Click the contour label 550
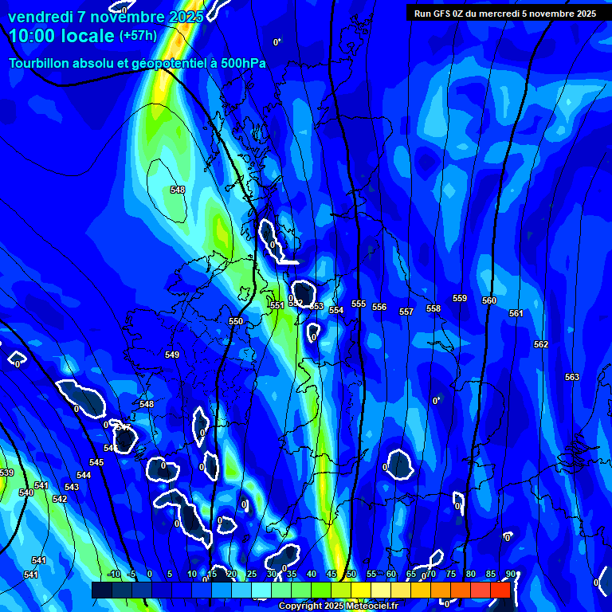(236, 321)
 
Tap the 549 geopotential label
(172, 355)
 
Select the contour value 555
(359, 304)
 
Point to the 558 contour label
(433, 308)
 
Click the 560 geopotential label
(489, 300)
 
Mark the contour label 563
(572, 377)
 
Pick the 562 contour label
(541, 344)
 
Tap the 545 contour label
(96, 462)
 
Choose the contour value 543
(72, 487)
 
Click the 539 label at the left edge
(6, 473)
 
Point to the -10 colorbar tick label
(113, 574)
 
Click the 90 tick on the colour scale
(510, 574)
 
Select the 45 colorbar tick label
(331, 574)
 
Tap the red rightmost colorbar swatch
(500, 590)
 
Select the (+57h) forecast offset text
(139, 36)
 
